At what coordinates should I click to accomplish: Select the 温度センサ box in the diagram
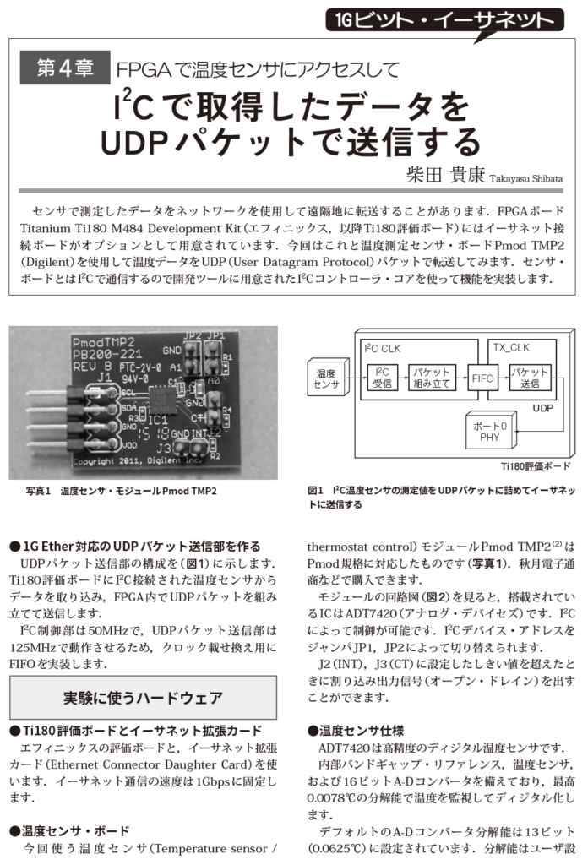coord(326,378)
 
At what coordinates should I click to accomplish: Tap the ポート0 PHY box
coord(488,431)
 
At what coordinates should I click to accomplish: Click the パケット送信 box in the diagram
coord(530,378)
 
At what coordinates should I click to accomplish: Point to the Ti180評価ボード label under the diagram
coord(535,465)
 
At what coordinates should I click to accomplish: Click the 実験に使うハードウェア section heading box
coord(143,698)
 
